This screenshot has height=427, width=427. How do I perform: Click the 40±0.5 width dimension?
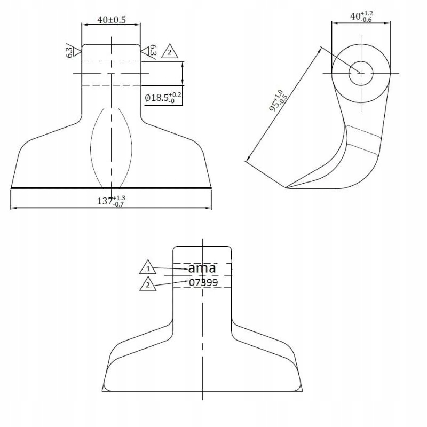(x=111, y=20)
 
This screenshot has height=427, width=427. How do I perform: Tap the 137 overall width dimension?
(x=111, y=201)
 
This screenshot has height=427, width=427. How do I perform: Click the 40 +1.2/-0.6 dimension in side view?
(x=361, y=17)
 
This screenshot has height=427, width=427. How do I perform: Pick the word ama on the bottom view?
(x=202, y=268)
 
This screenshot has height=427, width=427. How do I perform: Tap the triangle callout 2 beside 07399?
(x=148, y=284)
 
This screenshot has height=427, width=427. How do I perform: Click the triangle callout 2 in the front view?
(x=169, y=51)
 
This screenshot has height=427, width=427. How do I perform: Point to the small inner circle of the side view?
(x=360, y=73)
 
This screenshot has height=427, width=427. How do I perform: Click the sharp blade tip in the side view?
(x=287, y=187)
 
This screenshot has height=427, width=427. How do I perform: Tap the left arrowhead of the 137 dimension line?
(x=13, y=208)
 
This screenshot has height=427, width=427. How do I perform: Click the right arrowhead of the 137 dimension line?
(x=210, y=208)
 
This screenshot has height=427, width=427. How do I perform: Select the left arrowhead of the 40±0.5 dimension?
(x=84, y=24)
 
